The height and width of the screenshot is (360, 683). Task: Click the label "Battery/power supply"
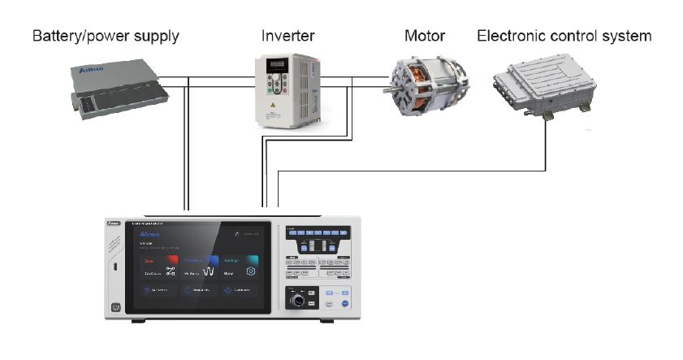[105, 37]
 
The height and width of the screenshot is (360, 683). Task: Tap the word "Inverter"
[287, 37]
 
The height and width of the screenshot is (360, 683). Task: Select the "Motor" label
[426, 37]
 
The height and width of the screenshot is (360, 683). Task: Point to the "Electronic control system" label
[564, 37]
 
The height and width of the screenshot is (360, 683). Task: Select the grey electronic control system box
[543, 89]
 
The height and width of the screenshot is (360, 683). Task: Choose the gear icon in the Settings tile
[250, 271]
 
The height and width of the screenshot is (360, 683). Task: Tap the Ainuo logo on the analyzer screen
[149, 234]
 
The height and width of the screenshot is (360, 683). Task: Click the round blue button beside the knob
[344, 302]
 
